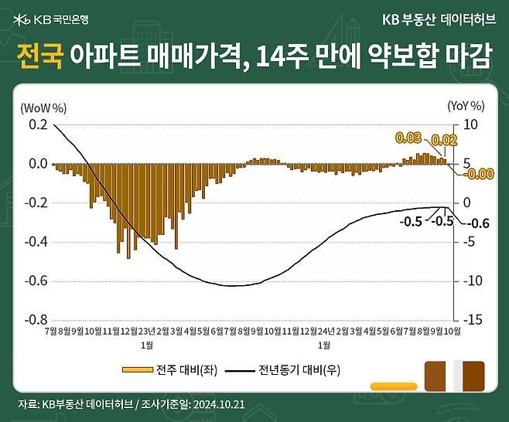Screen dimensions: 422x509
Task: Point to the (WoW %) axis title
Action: point(43,106)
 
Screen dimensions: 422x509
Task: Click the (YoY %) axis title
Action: point(466,106)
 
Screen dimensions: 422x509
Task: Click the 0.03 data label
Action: point(408,138)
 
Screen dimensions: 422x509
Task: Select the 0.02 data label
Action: point(444,140)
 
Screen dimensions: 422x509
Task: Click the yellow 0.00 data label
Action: point(480,174)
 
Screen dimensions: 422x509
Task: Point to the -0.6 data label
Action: point(480,224)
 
